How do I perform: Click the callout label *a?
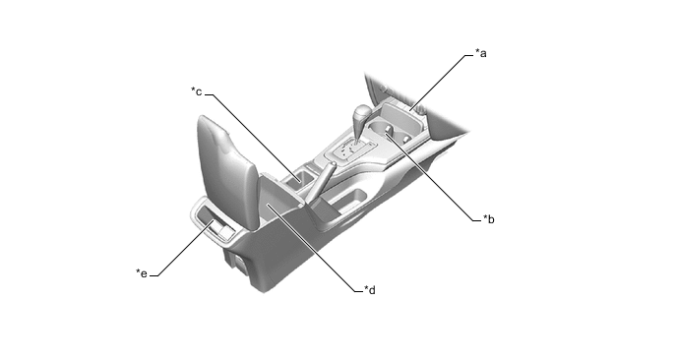pyautogui.click(x=481, y=53)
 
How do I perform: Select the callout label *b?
pyautogui.click(x=489, y=219)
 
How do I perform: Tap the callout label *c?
pyautogui.click(x=197, y=91)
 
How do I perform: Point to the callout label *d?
pyautogui.click(x=370, y=290)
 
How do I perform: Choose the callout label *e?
pyautogui.click(x=142, y=273)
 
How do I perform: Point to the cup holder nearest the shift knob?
pyautogui.click(x=381, y=128)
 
